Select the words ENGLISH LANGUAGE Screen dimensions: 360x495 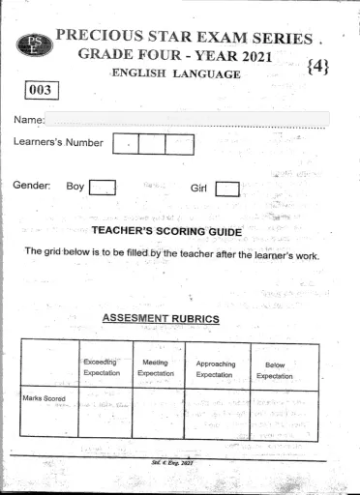coord(175,73)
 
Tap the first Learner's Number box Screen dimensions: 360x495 coord(126,144)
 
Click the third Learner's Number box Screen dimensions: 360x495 coord(180,144)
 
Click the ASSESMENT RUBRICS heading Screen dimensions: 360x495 coord(161,318)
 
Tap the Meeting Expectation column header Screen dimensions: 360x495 coord(156,367)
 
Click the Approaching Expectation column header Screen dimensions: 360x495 coord(216,368)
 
